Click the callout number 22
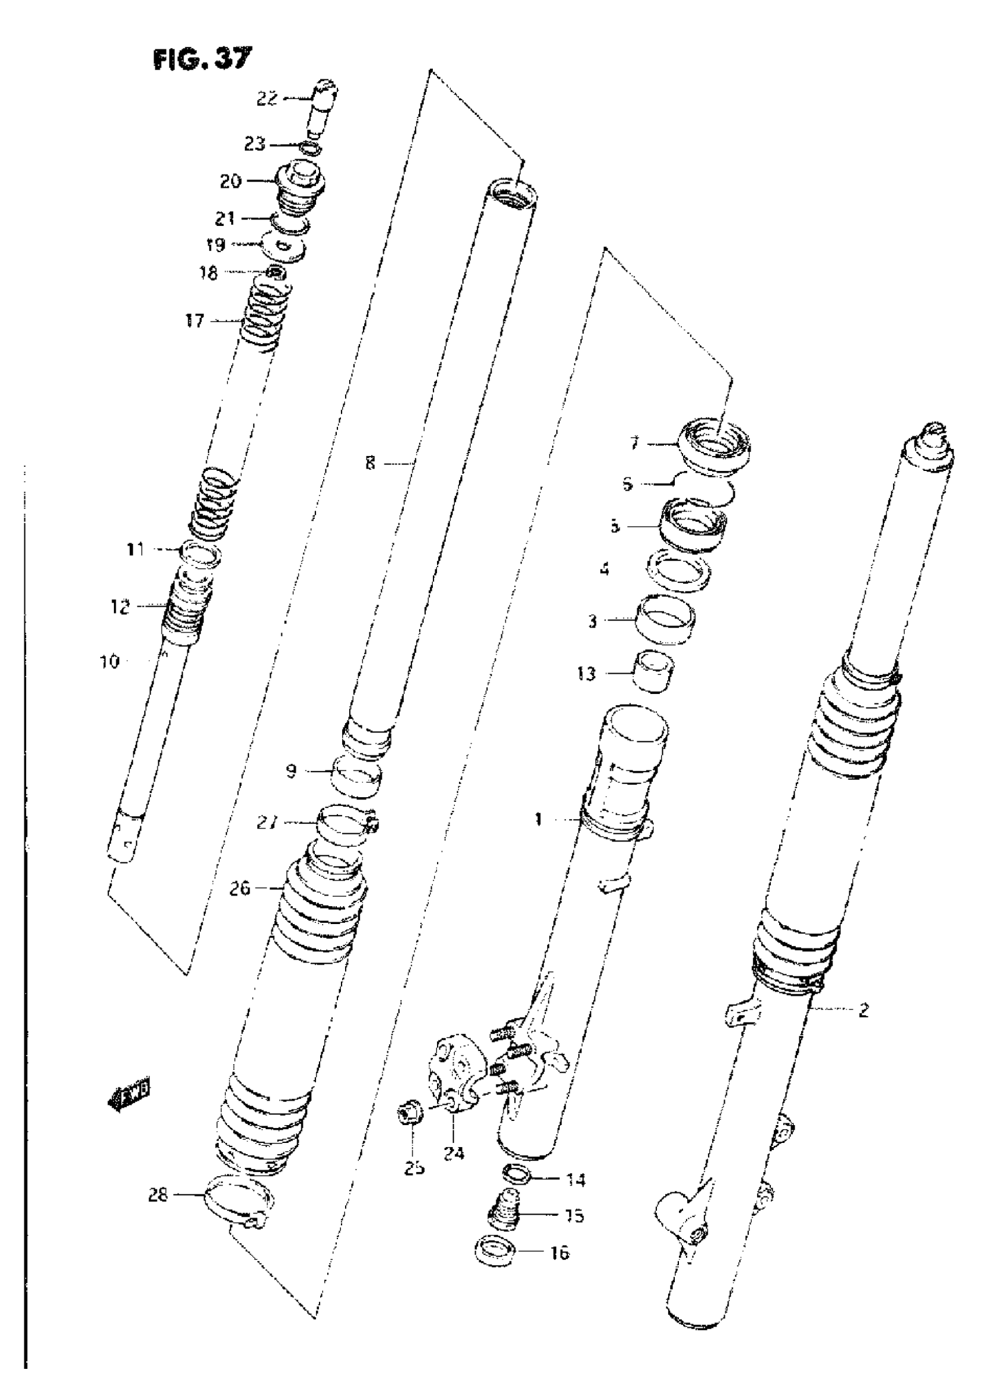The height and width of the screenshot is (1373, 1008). point(267,98)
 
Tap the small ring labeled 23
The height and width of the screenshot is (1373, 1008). point(311,148)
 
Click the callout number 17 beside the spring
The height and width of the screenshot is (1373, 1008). point(194,321)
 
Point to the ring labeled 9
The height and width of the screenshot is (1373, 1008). point(357,779)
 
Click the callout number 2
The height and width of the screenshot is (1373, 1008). point(863,1011)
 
